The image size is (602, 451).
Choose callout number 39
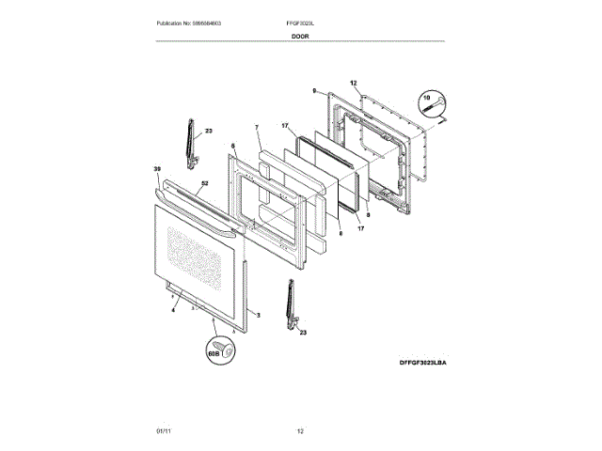[x=157, y=169]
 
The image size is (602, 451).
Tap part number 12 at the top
[x=354, y=84]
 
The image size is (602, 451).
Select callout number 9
[x=314, y=90]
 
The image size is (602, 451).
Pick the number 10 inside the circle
[x=425, y=97]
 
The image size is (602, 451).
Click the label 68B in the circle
[x=213, y=355]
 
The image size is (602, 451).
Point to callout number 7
[x=256, y=127]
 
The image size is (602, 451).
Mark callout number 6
[x=232, y=147]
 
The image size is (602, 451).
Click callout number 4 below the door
[x=173, y=309]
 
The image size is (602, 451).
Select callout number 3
[x=258, y=314]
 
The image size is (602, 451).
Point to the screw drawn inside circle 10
[x=436, y=109]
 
